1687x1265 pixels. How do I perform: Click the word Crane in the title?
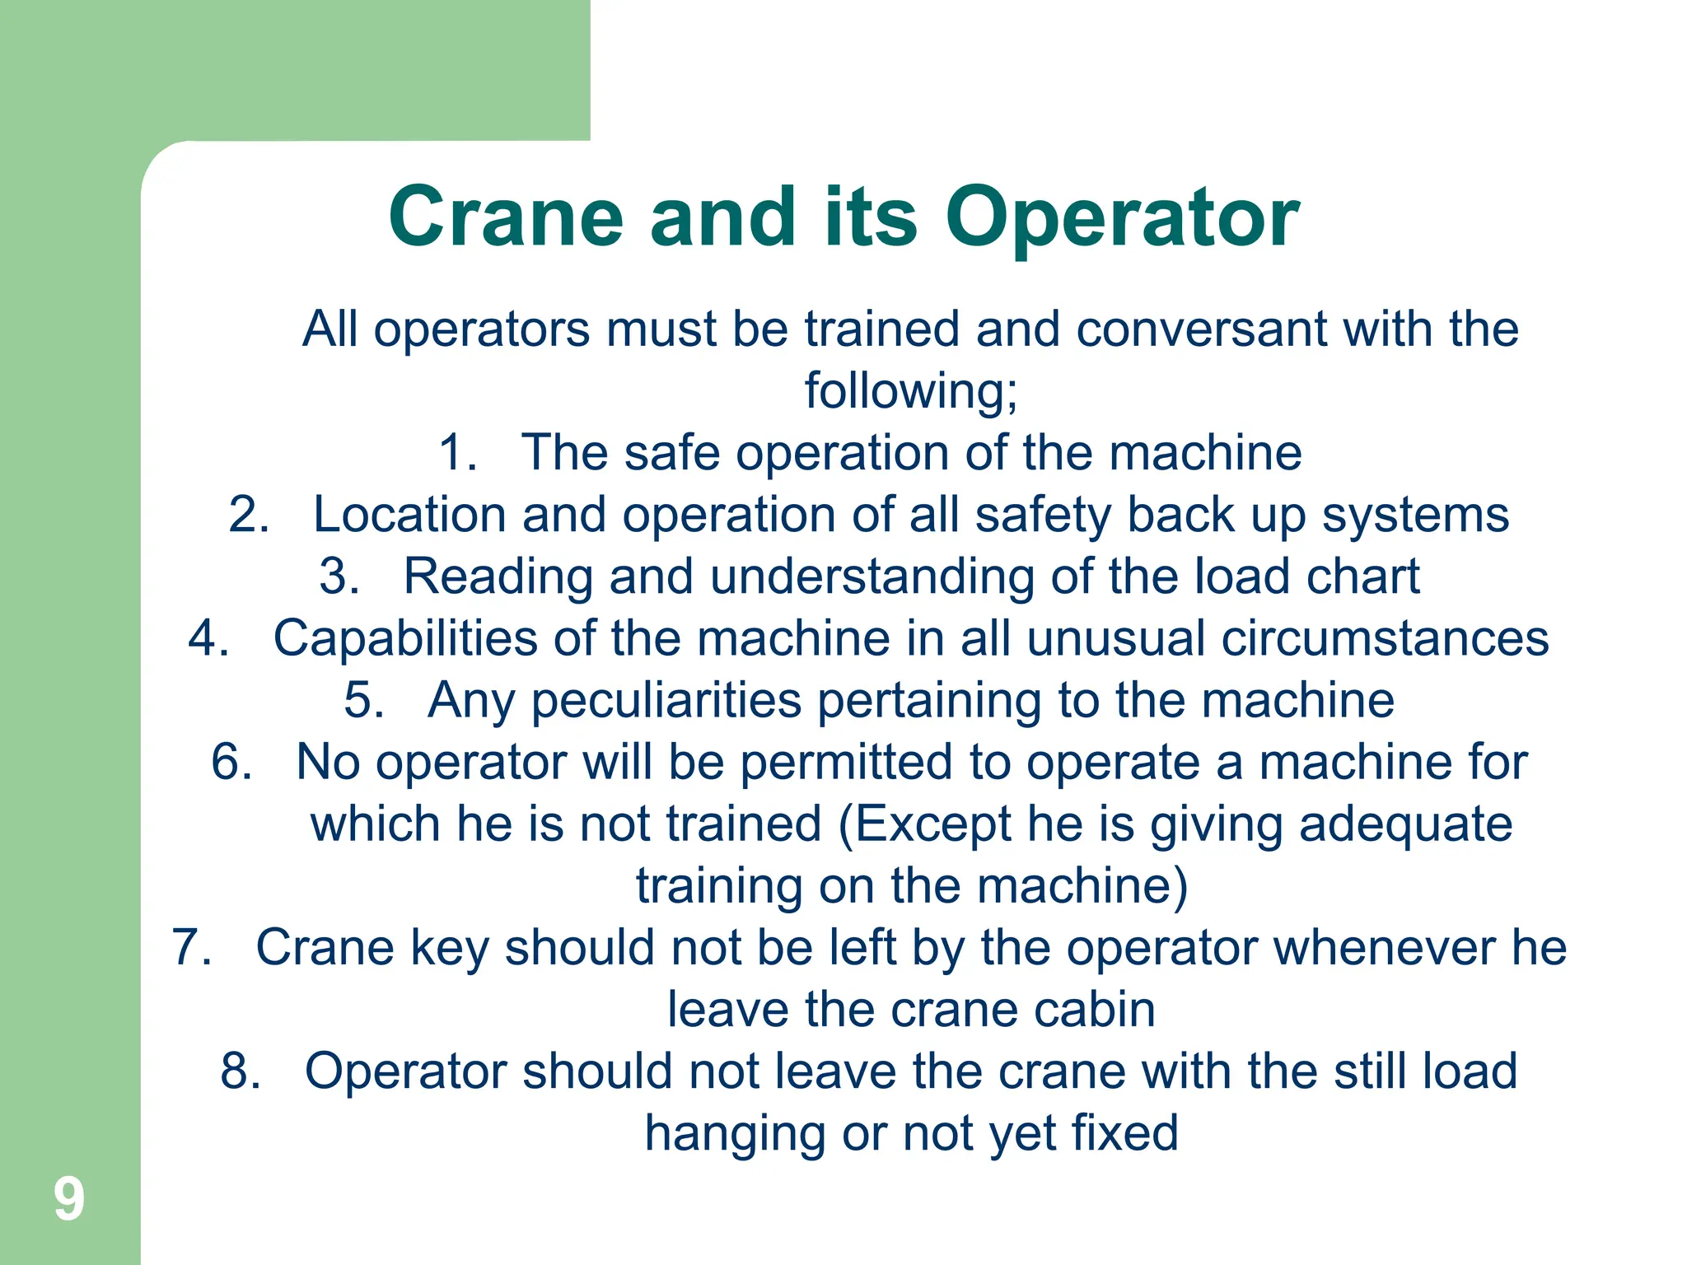505,217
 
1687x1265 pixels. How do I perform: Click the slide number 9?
69,1199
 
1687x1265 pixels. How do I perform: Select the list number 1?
457,453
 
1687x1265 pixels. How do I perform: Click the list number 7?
191,947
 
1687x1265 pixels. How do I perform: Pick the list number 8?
240,1071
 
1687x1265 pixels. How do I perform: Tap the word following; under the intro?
911,391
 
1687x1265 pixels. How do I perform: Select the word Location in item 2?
409,515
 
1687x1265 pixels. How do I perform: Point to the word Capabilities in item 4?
405,640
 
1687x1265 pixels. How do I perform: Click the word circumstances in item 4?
1385,639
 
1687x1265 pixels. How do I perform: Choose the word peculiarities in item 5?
668,702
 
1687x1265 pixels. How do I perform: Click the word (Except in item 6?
923,825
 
